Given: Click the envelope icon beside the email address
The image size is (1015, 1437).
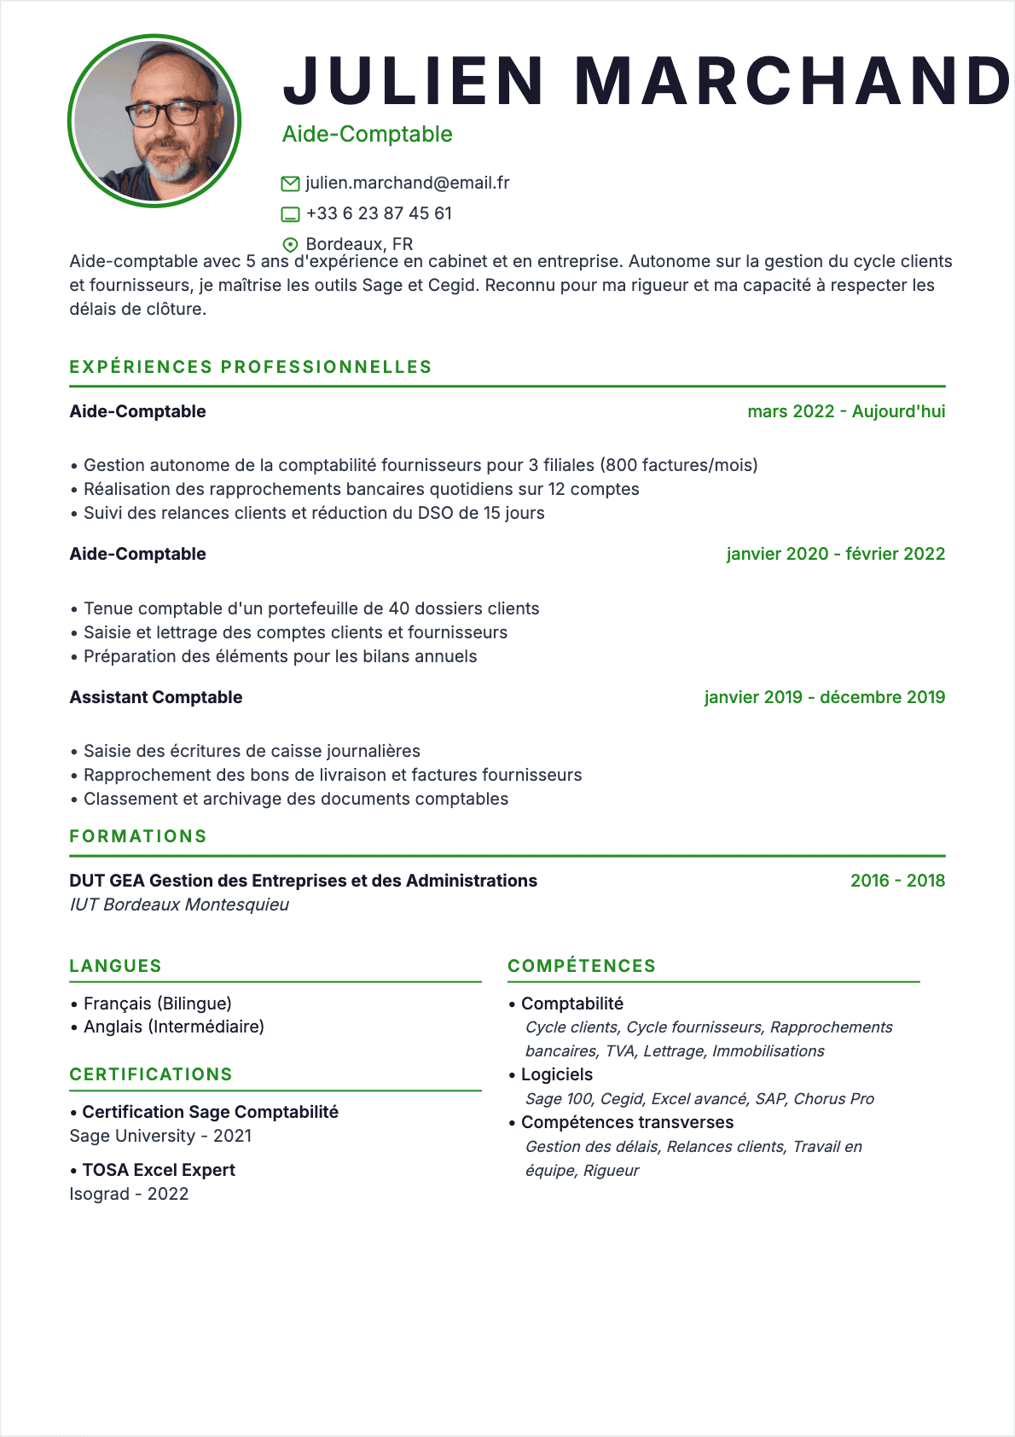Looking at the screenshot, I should click(x=290, y=183).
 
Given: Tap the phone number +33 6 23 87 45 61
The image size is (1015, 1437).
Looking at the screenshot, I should click(x=379, y=213).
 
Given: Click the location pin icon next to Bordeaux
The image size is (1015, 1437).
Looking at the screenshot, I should click(x=290, y=245).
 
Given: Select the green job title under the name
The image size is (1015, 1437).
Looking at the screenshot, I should click(x=367, y=134).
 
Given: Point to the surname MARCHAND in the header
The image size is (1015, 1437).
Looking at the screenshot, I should click(x=793, y=81).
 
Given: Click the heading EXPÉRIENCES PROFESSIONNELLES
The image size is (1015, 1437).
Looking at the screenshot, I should click(x=251, y=367).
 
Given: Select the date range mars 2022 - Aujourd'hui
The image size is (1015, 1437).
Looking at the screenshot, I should click(x=846, y=411).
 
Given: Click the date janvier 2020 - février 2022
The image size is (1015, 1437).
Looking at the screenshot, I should click(x=835, y=554).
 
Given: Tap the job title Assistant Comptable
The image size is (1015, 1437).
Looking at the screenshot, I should click(x=156, y=697).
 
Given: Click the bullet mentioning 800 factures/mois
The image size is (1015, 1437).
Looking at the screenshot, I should click(x=420, y=465).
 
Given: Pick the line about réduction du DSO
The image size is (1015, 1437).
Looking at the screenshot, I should click(x=314, y=513).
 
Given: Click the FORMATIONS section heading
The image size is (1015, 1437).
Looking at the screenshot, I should click(x=138, y=836).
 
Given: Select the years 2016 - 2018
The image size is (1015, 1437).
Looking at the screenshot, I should click(x=897, y=881).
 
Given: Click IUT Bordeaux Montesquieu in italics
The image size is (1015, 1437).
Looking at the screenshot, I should click(x=179, y=905).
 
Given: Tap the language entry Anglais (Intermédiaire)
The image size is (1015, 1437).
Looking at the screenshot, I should click(x=174, y=1027).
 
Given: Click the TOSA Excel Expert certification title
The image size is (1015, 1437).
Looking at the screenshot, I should click(x=159, y=1170).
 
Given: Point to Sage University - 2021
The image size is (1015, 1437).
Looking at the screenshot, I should click(x=160, y=1136).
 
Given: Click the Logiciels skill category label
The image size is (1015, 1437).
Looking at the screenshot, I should click(x=557, y=1074).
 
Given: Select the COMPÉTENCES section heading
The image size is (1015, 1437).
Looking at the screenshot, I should click(x=582, y=966).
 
